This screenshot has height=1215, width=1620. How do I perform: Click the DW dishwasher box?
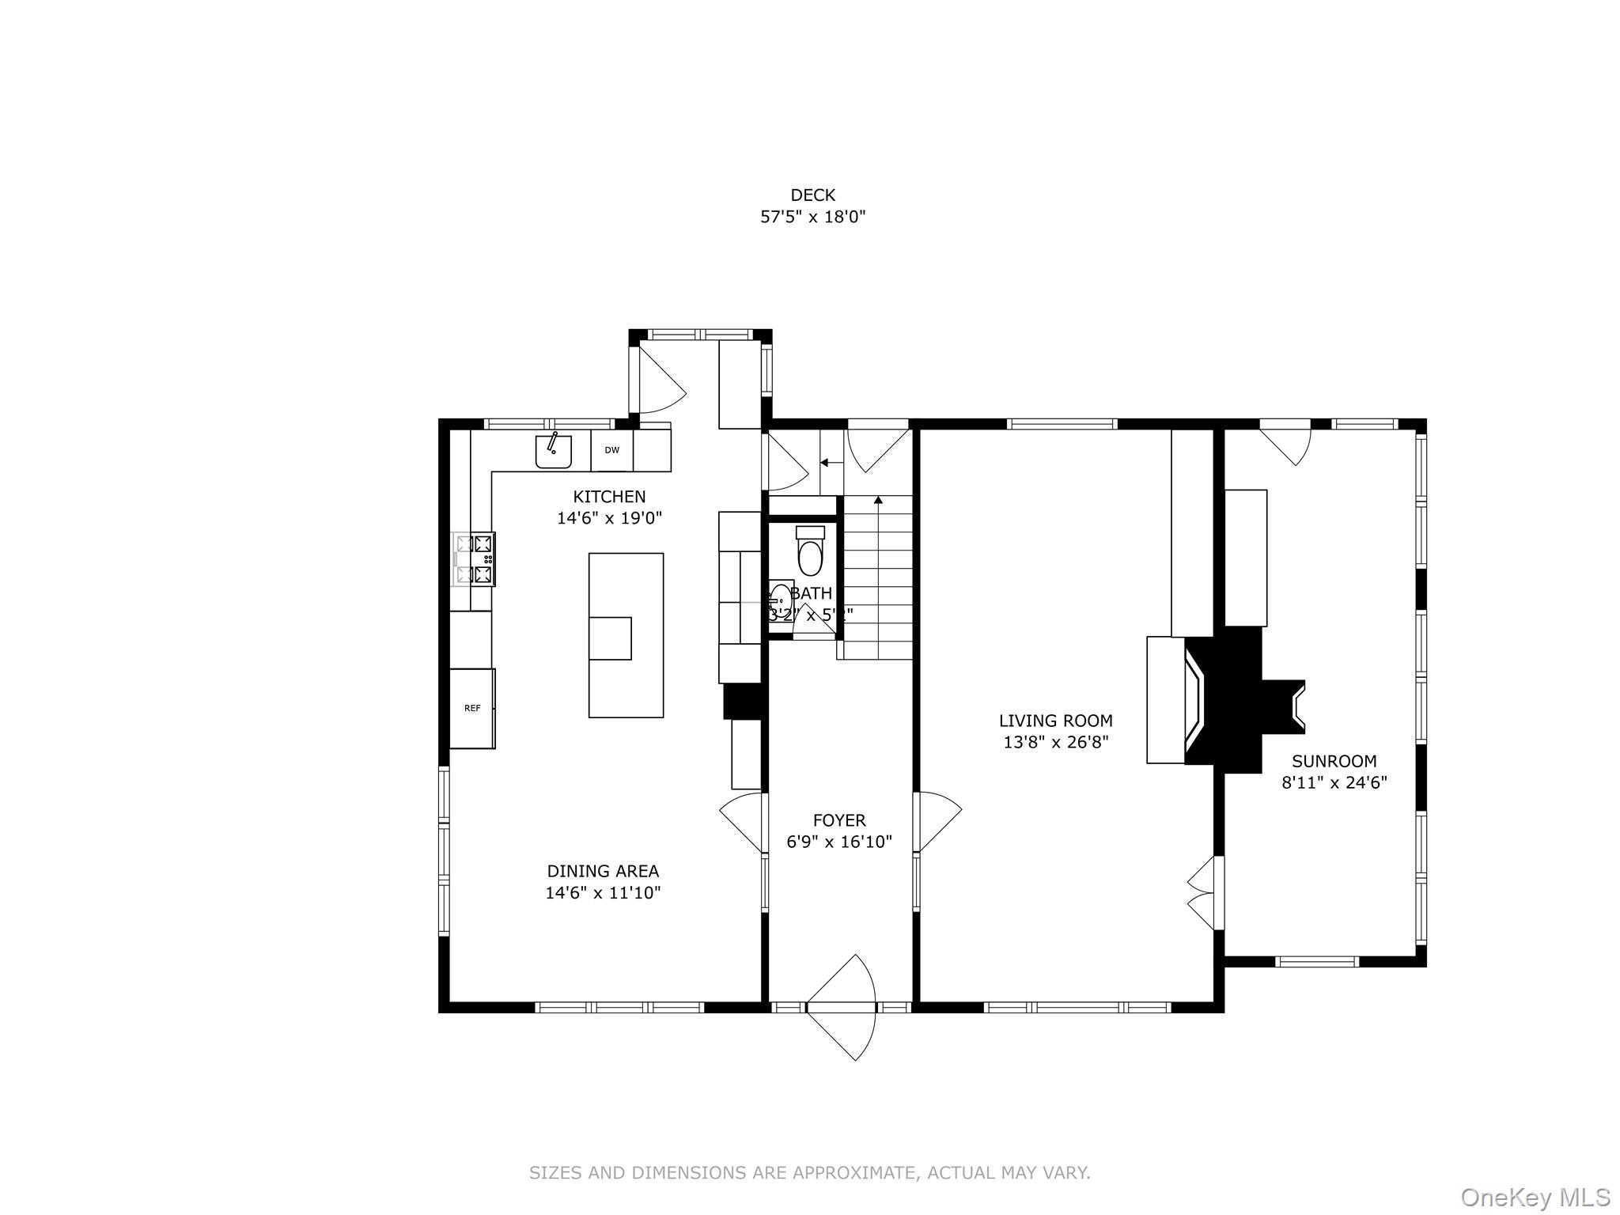pyautogui.click(x=611, y=450)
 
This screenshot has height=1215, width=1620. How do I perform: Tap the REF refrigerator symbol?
pyautogui.click(x=472, y=708)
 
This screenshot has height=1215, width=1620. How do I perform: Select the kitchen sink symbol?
pyautogui.click(x=554, y=451)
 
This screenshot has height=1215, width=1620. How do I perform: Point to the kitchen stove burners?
pyautogui.click(x=475, y=559)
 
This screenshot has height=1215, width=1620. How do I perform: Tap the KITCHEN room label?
pyautogui.click(x=609, y=497)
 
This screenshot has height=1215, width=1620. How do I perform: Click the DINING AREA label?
pyautogui.click(x=603, y=871)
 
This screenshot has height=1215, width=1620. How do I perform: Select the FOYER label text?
pyautogui.click(x=839, y=820)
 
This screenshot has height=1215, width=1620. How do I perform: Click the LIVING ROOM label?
pyautogui.click(x=1055, y=721)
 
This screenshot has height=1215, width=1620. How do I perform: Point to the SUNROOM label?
pyautogui.click(x=1334, y=761)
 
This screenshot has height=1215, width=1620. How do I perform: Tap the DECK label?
pyautogui.click(x=812, y=195)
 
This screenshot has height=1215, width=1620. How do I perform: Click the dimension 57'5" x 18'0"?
pyautogui.click(x=812, y=217)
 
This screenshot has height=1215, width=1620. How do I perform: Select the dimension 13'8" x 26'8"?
pyautogui.click(x=1055, y=743)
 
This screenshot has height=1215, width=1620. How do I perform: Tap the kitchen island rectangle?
pyautogui.click(x=626, y=634)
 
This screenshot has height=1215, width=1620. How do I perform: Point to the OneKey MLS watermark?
pyautogui.click(x=1535, y=1197)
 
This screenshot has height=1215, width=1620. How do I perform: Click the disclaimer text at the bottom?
pyautogui.click(x=809, y=1172)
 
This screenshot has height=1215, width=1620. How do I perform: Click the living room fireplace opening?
pyautogui.click(x=1194, y=701)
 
